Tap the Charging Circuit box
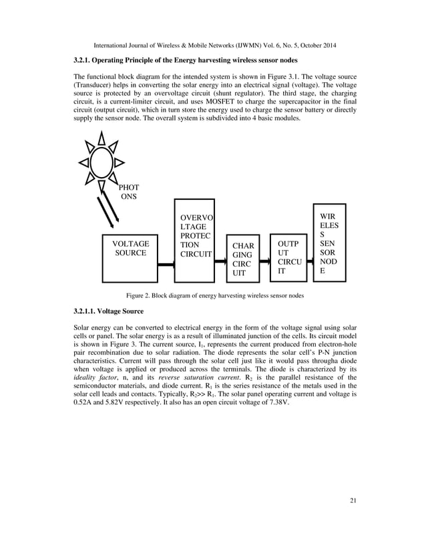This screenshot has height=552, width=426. pos(242,259)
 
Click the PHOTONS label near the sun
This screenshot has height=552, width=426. pos(128,192)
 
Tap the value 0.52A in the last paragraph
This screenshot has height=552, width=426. pos(84,406)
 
